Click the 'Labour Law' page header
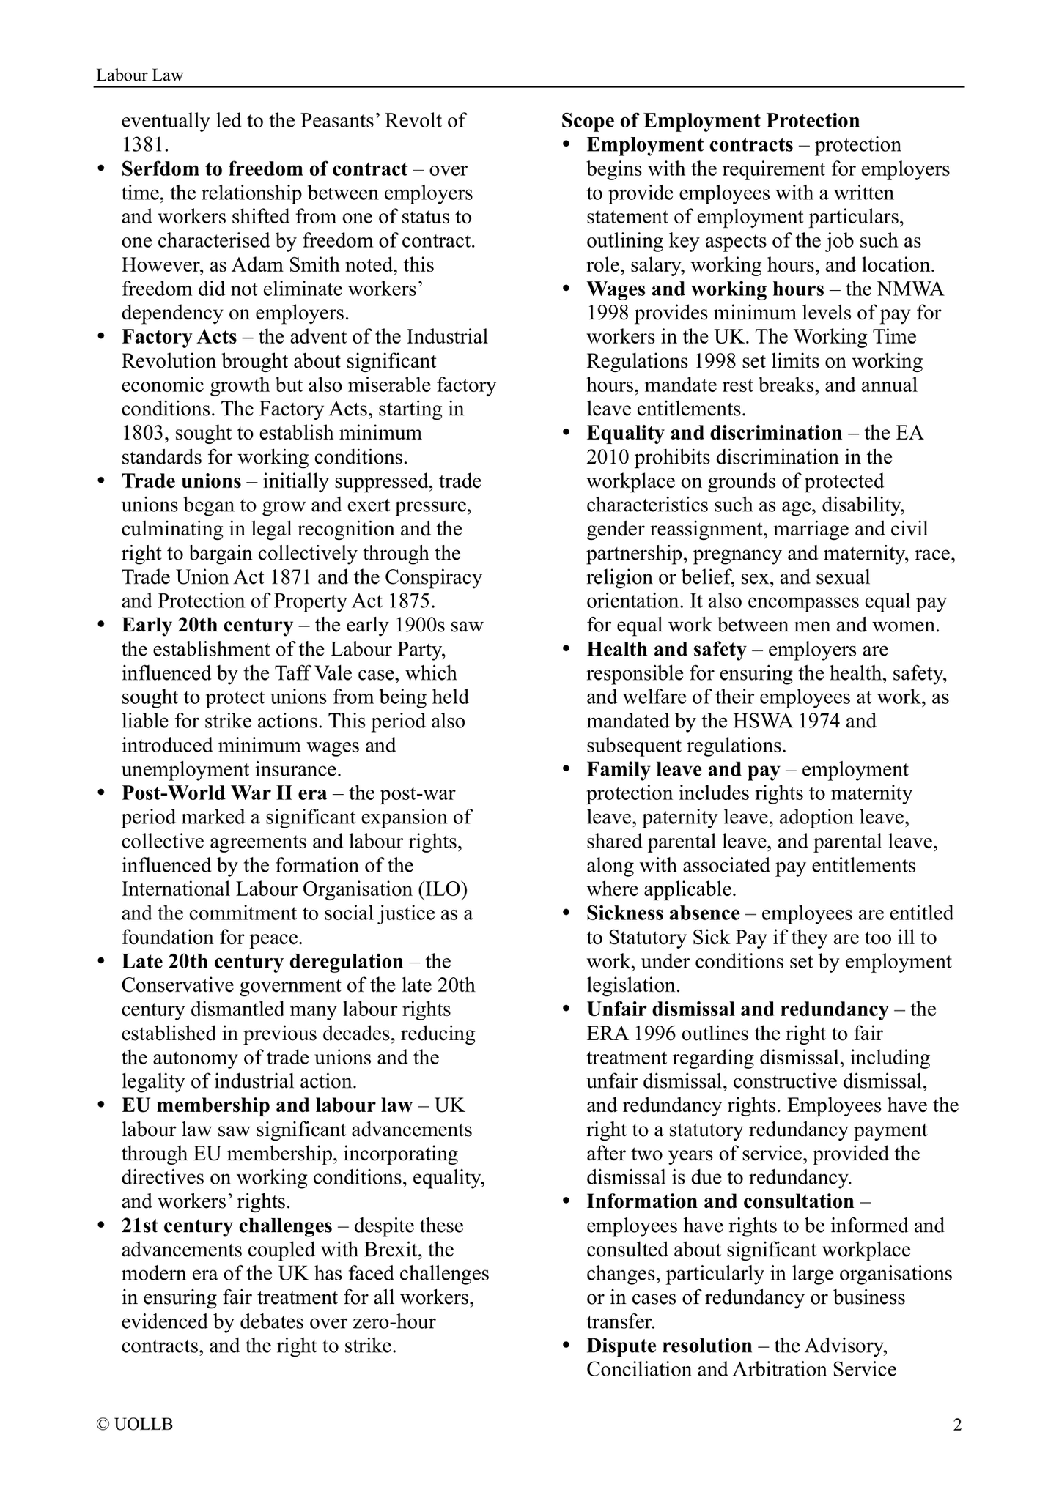[x=140, y=75]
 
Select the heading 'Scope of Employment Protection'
[x=710, y=121]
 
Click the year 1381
[x=145, y=145]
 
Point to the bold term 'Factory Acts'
[x=179, y=337]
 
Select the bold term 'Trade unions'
[x=181, y=481]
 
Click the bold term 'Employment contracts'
[x=690, y=145]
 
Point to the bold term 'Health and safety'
[x=666, y=650]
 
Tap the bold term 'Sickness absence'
[x=663, y=913]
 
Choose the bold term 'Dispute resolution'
[x=669, y=1346]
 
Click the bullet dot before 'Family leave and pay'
[x=567, y=770]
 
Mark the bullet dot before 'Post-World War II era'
[x=102, y=794]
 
